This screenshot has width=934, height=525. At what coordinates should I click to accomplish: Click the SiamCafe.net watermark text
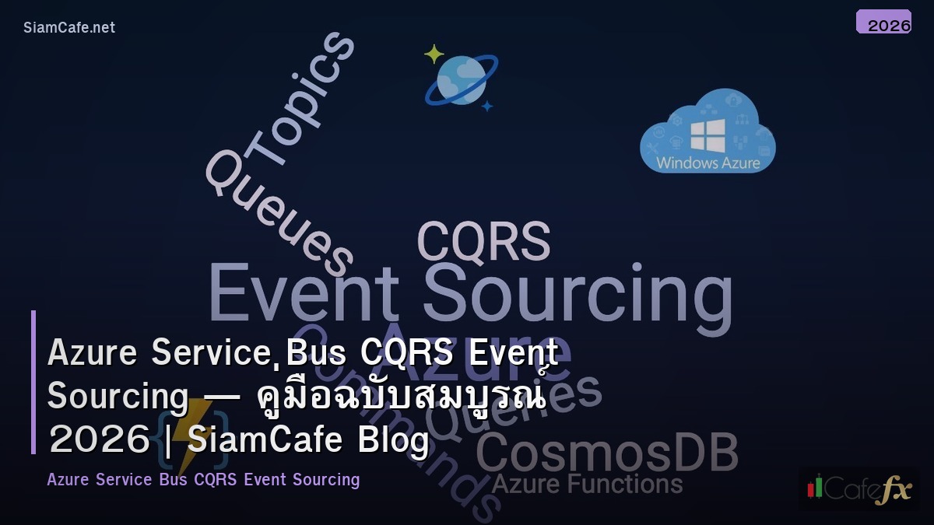69,27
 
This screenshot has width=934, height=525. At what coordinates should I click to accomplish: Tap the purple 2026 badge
883,23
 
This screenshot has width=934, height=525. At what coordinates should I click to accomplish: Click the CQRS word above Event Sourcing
483,241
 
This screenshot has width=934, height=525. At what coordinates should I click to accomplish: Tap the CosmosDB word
606,453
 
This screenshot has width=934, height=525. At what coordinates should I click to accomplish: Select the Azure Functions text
587,485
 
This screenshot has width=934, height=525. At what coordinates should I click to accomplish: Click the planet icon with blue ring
461,80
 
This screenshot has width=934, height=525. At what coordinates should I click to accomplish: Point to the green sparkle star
434,54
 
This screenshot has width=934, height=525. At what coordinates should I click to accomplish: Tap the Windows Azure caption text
708,163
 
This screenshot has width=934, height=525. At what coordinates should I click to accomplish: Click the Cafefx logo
859,488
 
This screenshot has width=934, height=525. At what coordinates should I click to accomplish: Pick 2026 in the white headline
99,440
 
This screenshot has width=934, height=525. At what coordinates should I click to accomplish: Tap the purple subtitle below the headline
203,479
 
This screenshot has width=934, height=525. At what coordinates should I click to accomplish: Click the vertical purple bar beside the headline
33,381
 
